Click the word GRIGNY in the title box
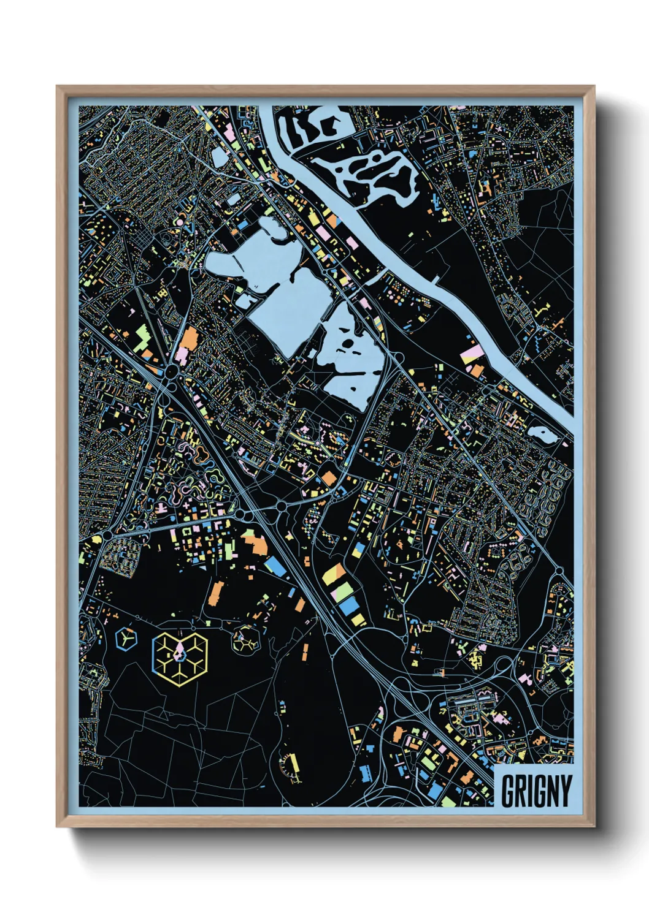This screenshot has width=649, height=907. pyautogui.click(x=536, y=791)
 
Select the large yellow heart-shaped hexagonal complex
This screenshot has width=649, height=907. pyautogui.click(x=180, y=658)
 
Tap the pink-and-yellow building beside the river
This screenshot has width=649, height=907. pyautogui.click(x=473, y=353)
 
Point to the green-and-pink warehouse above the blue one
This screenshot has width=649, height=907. pyautogui.click(x=342, y=591)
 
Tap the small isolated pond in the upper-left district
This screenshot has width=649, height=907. pyautogui.click(x=219, y=156)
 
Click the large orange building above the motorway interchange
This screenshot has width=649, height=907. pyautogui.click(x=190, y=339)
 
